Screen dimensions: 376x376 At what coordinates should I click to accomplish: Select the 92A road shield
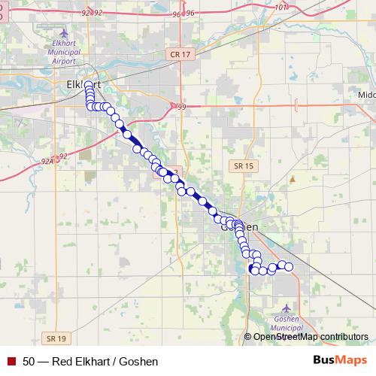click(x=47, y=160)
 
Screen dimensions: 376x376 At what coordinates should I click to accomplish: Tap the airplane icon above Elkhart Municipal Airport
click(x=62, y=34)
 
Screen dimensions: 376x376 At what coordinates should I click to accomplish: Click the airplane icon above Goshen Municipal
click(x=286, y=308)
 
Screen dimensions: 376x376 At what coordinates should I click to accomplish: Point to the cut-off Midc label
click(x=366, y=96)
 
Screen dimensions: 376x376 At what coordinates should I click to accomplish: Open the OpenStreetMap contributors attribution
click(x=311, y=337)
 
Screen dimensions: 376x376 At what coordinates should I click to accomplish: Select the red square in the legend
click(x=10, y=361)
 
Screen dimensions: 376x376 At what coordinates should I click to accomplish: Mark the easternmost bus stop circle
click(x=288, y=266)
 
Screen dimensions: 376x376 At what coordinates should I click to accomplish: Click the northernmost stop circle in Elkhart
click(x=89, y=86)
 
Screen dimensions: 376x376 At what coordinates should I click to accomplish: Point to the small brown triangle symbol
click(x=293, y=180)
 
